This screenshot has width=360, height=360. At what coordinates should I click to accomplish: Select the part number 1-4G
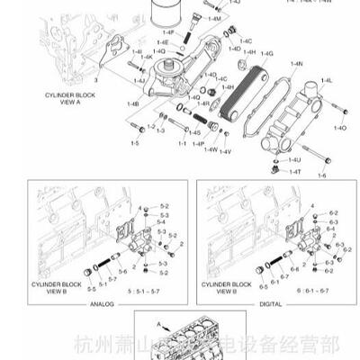pos(266,54)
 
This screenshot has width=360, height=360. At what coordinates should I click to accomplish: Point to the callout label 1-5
pos(135,143)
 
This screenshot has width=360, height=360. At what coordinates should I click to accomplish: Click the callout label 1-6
pos(322,174)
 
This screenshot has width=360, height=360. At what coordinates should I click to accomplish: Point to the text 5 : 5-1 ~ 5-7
pos(144,292)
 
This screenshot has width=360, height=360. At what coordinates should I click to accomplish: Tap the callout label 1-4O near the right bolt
pos(339,129)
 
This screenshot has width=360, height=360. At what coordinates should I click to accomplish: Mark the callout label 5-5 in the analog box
pos(91,289)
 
